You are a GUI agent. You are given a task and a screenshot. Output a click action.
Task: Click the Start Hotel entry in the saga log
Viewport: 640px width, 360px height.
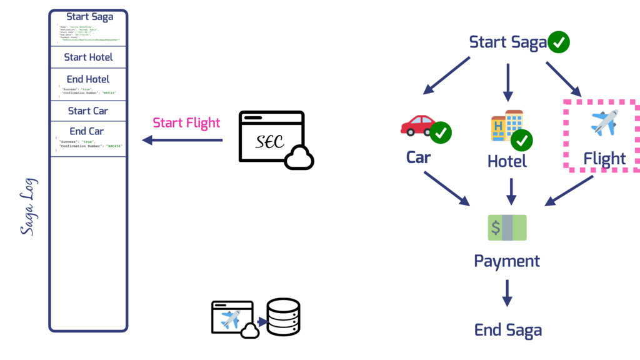88,57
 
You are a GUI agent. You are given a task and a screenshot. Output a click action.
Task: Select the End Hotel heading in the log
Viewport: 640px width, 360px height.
88,79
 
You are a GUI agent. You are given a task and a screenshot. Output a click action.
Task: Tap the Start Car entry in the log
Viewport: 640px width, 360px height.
88,111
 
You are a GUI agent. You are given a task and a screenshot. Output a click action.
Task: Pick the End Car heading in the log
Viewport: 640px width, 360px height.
87,131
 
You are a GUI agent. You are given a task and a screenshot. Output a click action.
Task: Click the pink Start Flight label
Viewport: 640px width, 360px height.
186,122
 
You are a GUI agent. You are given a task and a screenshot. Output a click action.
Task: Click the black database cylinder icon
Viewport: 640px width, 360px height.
283,317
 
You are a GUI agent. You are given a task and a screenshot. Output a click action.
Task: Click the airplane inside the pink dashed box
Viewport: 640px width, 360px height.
604,122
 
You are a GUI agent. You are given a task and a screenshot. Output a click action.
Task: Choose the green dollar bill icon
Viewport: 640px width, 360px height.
507,227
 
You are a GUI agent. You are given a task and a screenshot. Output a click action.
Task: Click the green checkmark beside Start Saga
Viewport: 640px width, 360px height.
559,42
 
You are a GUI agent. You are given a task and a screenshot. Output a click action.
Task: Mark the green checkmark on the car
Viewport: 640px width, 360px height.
441,132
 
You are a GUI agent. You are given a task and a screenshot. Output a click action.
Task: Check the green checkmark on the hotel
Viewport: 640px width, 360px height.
522,141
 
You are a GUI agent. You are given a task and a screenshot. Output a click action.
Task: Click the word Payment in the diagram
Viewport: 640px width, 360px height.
507,261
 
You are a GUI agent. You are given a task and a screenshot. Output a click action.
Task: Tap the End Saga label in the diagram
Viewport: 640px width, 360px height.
507,330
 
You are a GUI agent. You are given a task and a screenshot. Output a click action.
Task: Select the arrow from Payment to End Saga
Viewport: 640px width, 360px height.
507,292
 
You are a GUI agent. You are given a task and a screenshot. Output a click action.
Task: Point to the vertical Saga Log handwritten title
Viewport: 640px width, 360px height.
28,207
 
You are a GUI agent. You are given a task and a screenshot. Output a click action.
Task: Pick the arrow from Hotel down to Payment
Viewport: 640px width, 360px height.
511,191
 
